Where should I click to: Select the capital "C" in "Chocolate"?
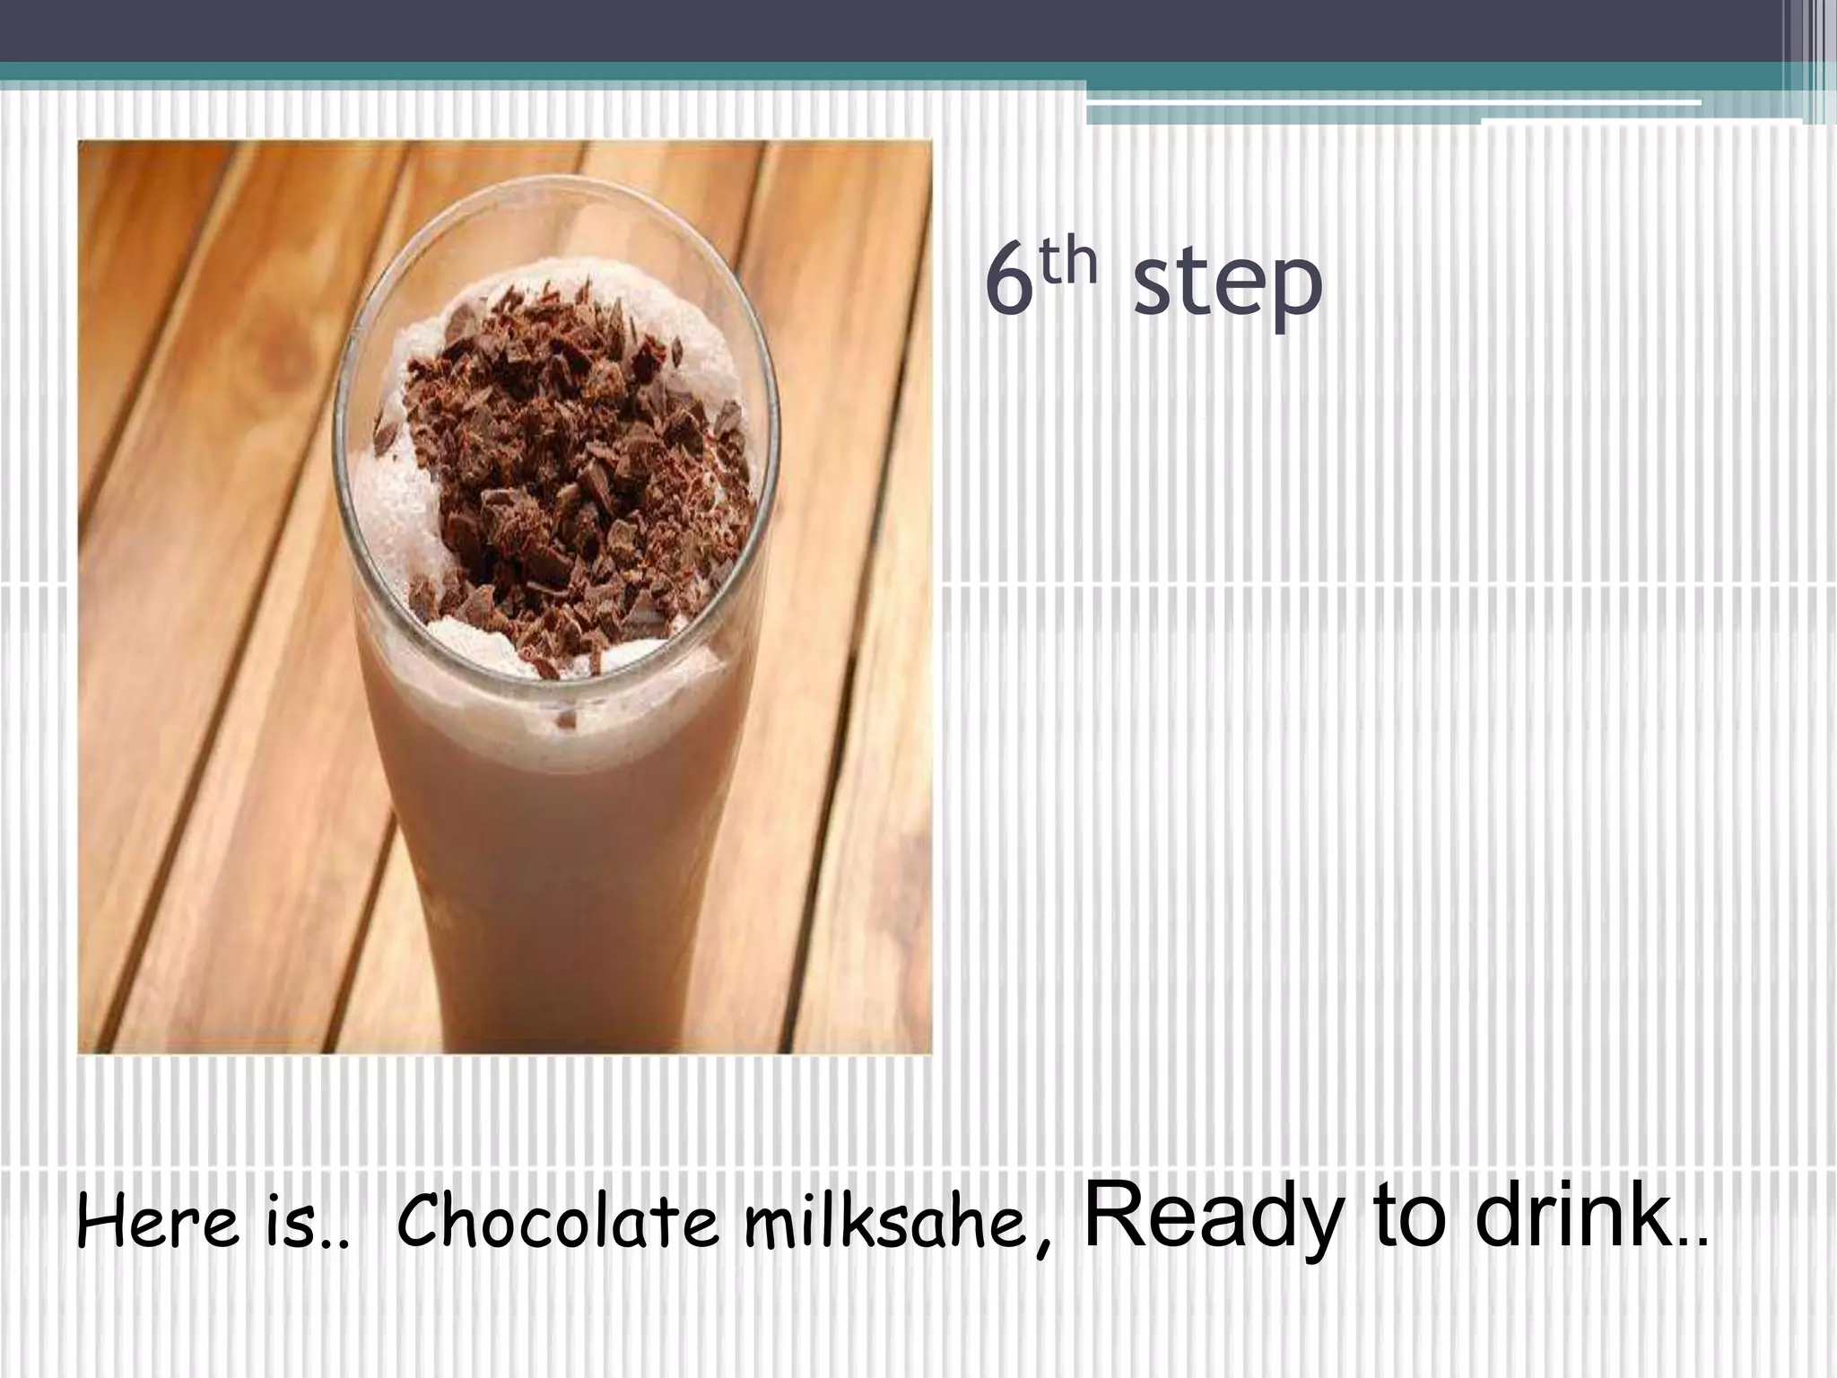[418, 1222]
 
